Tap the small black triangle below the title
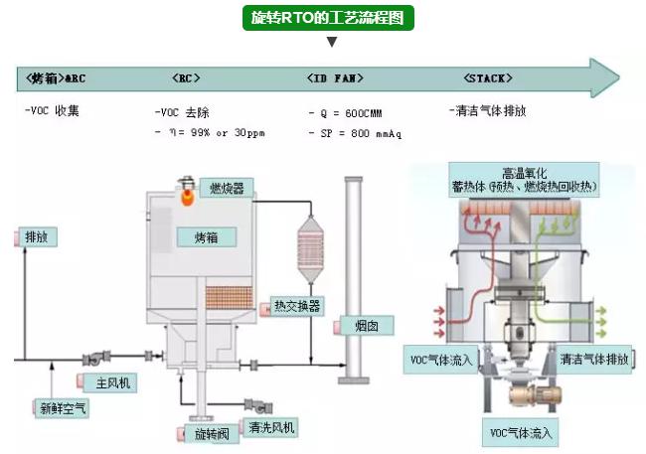pos(332,42)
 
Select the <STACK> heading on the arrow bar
pos(488,77)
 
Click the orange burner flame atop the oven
pos(186,196)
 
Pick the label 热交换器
pos(297,307)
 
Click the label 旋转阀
pos(212,434)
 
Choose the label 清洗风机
pos(271,428)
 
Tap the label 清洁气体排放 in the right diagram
pos(594,359)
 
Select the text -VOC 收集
pos(52,110)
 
